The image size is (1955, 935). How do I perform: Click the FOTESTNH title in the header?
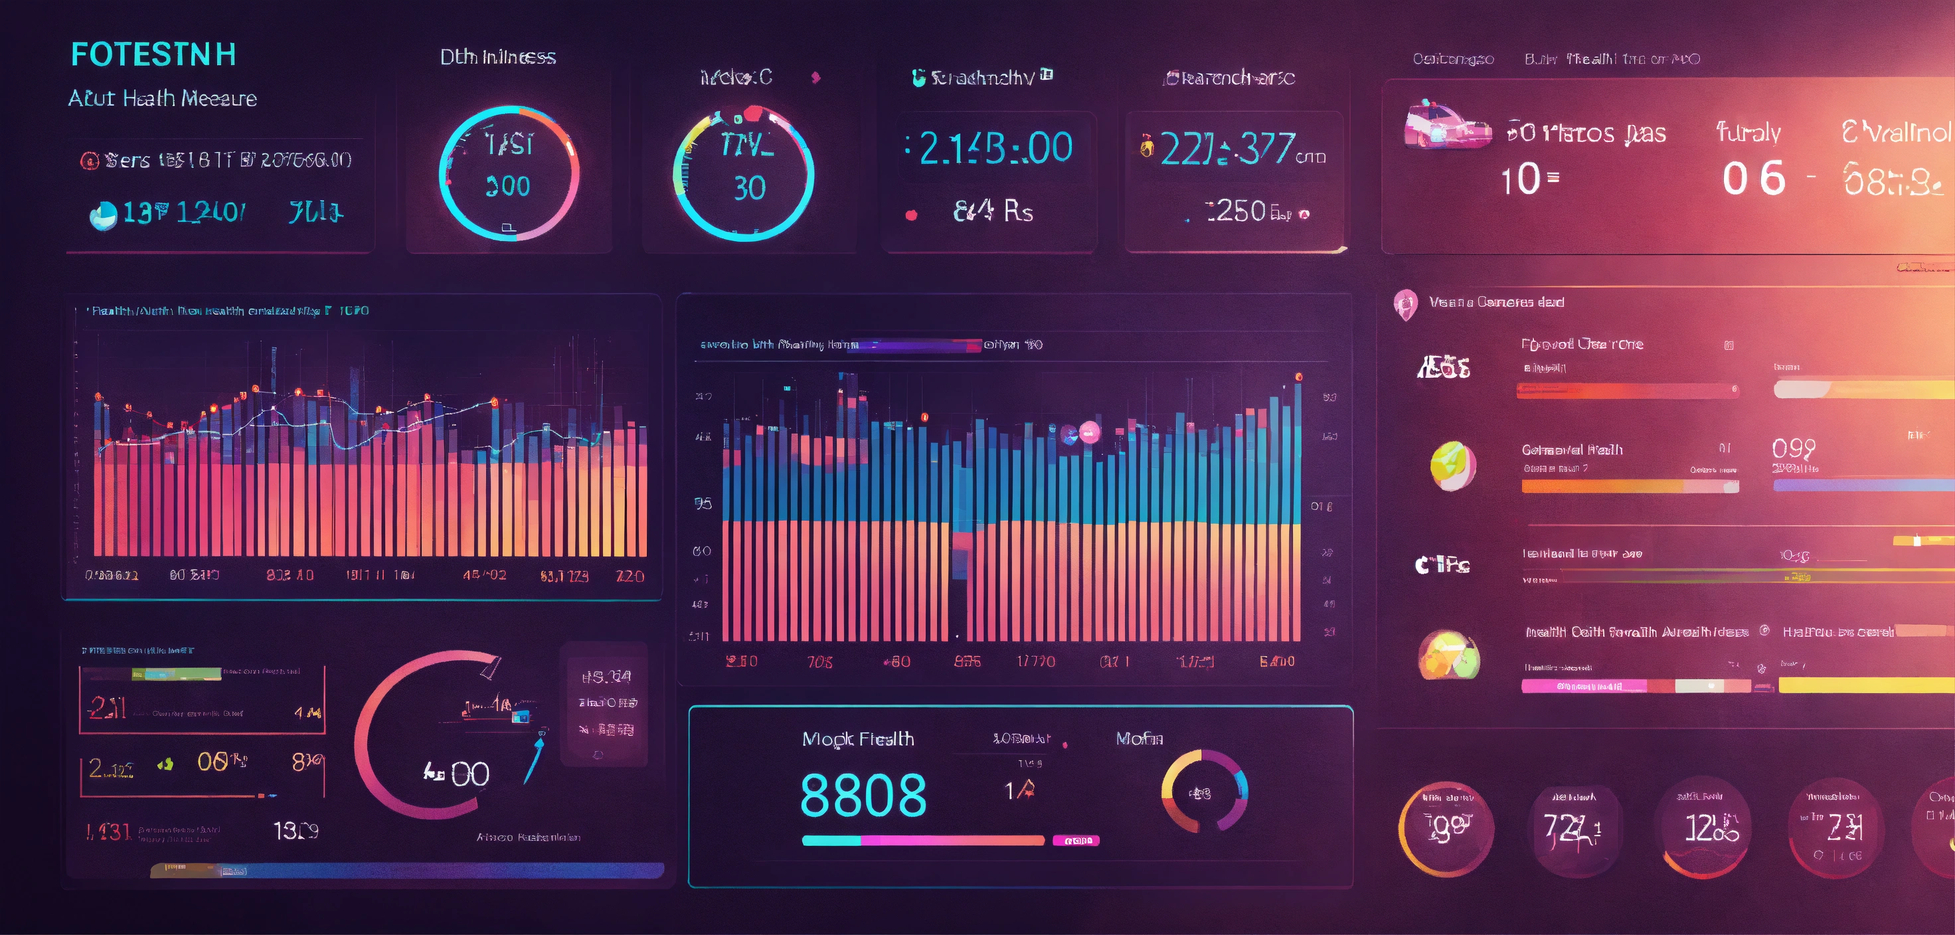(153, 54)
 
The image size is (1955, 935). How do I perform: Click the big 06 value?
(1753, 179)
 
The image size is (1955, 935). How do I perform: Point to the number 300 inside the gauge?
(508, 187)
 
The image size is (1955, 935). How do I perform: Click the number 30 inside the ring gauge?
(749, 188)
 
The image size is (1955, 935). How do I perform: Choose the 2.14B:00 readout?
(995, 148)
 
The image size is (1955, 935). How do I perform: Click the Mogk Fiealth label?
(857, 739)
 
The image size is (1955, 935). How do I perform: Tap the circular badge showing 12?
(1705, 828)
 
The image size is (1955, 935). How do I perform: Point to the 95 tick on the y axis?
(703, 503)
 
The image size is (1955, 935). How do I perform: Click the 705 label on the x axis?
(819, 662)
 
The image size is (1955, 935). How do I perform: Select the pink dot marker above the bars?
(1089, 432)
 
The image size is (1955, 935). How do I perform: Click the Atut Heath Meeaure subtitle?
(163, 99)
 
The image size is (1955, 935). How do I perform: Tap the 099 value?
(1794, 448)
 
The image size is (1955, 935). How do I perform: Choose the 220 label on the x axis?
(630, 576)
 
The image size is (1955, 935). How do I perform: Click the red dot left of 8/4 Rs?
(912, 214)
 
